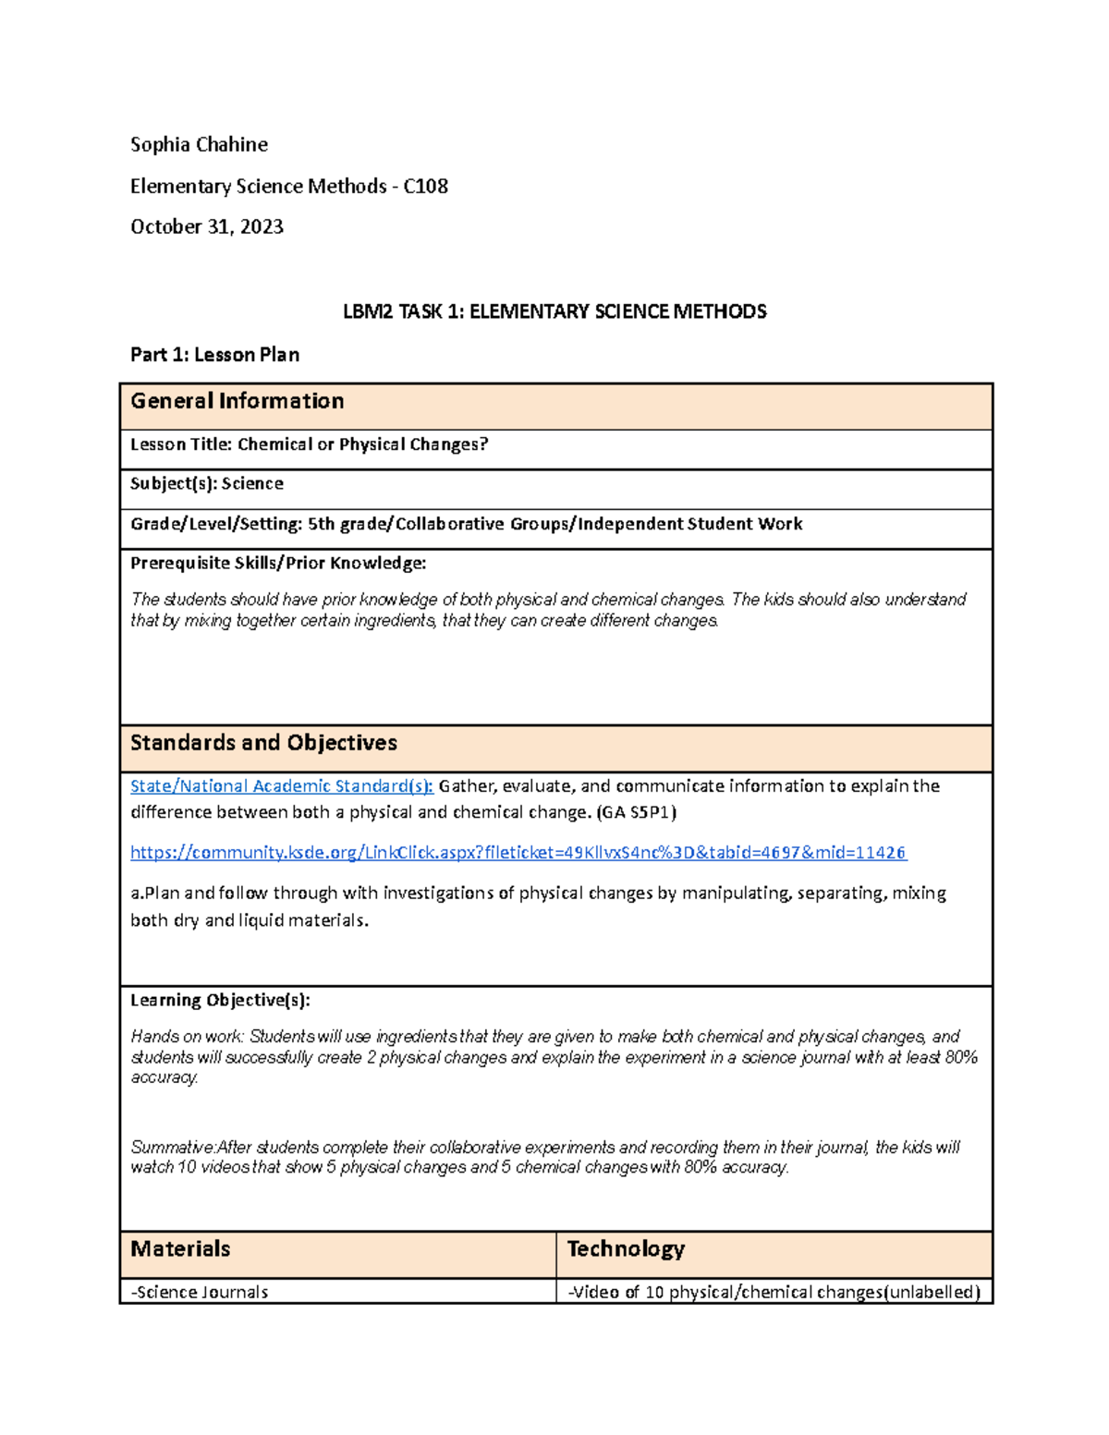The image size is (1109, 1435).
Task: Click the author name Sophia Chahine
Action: pyautogui.click(x=199, y=144)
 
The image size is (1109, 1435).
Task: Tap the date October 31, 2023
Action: pyautogui.click(x=206, y=226)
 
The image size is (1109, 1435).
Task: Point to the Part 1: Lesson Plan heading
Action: pyautogui.click(x=214, y=355)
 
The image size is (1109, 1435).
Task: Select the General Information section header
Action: pyautogui.click(x=237, y=401)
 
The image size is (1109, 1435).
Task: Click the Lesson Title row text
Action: pyautogui.click(x=309, y=444)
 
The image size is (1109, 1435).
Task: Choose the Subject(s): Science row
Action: pyautogui.click(x=206, y=483)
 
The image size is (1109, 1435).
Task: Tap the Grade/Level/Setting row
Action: pyautogui.click(x=466, y=524)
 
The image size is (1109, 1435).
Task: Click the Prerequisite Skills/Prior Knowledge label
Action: pyautogui.click(x=278, y=563)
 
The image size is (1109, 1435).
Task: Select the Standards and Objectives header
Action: pyautogui.click(x=263, y=743)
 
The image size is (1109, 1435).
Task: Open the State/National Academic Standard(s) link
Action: pyautogui.click(x=281, y=786)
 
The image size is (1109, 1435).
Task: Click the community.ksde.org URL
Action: pyautogui.click(x=518, y=852)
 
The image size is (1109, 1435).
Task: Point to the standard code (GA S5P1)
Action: pyautogui.click(x=636, y=812)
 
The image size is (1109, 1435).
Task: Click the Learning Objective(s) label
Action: pyautogui.click(x=220, y=1000)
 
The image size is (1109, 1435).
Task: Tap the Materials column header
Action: pyautogui.click(x=180, y=1249)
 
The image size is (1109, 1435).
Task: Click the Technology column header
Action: pyautogui.click(x=626, y=1249)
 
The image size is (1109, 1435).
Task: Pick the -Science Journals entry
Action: pyautogui.click(x=200, y=1292)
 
